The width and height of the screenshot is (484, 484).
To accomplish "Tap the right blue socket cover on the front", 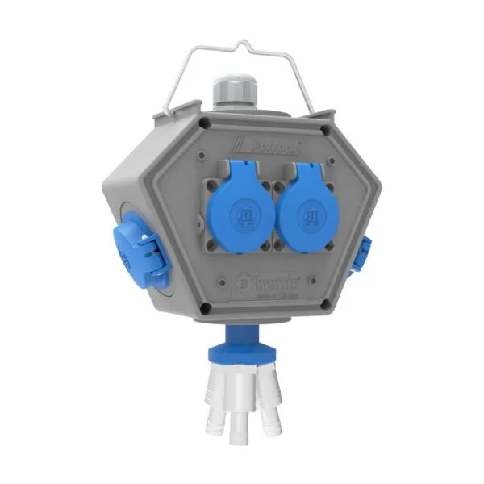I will (310, 212).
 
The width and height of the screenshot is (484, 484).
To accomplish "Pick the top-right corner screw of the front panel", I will (323, 129).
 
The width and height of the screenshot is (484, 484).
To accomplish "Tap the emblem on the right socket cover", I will (309, 215).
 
